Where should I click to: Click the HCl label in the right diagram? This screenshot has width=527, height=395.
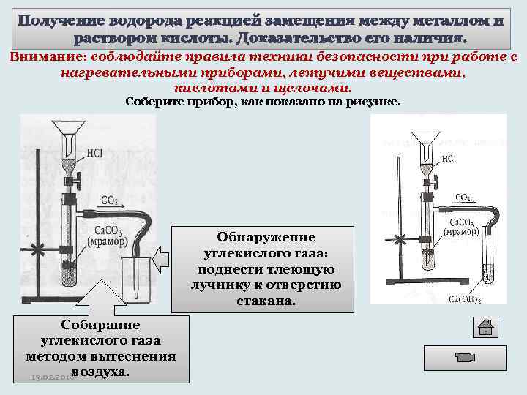[x=449, y=158]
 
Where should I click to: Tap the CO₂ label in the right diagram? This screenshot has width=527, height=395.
[x=463, y=197]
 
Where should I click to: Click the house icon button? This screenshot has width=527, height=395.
[x=485, y=327]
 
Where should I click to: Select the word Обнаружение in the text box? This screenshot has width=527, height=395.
[x=266, y=237]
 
